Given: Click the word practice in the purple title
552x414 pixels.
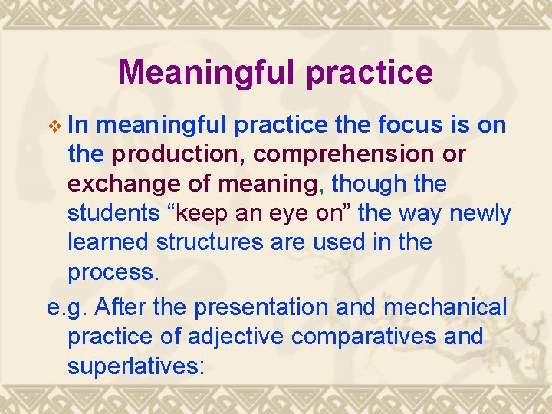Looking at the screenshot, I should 369,72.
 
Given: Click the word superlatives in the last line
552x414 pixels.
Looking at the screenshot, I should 136,366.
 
